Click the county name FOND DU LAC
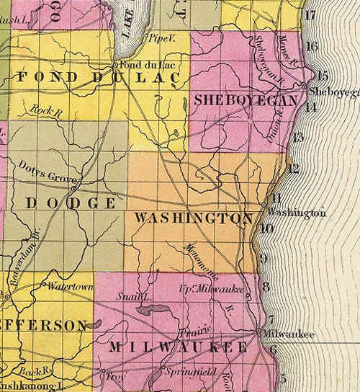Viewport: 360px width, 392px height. tap(99, 78)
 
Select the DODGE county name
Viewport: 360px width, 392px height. tap(71, 203)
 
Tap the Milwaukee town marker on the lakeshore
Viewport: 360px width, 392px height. tap(258, 332)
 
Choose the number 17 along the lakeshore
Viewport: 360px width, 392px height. tap(310, 15)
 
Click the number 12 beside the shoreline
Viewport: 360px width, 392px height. tap(292, 169)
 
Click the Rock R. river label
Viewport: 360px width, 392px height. tap(45, 109)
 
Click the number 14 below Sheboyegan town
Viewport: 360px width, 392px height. tap(311, 107)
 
